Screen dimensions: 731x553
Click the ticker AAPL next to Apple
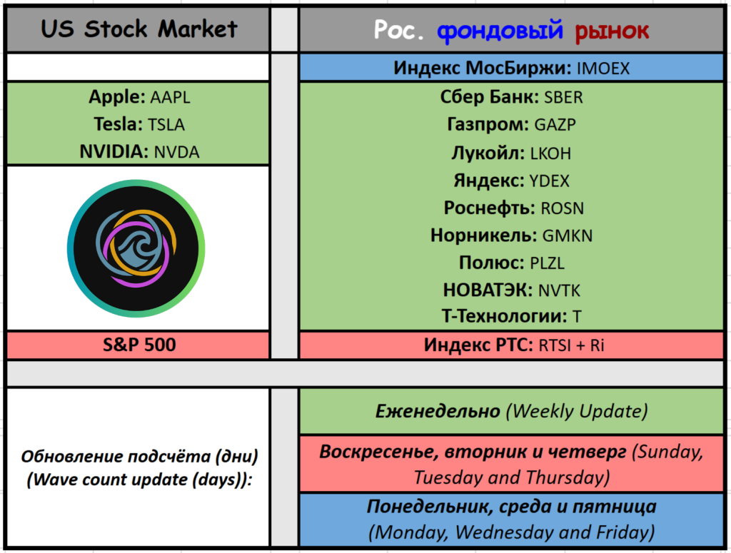[170, 97]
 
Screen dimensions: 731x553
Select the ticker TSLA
[166, 125]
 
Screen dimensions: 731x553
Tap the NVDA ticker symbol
[177, 153]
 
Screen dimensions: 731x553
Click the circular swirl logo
[136, 248]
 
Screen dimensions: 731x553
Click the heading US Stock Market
[139, 29]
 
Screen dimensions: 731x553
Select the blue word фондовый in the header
[500, 31]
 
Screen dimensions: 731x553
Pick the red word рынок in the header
[612, 31]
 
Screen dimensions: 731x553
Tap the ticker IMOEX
[603, 69]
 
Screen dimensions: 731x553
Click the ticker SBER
[564, 97]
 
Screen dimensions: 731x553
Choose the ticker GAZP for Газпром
[555, 125]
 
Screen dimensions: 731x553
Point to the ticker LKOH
[550, 153]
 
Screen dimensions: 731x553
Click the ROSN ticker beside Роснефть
[563, 208]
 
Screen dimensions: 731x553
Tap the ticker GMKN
[568, 235]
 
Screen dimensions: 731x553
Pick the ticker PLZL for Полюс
[548, 263]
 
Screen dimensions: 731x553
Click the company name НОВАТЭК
[488, 290]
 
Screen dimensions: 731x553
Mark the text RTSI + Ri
[571, 345]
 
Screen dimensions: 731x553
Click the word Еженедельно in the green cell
[438, 411]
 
